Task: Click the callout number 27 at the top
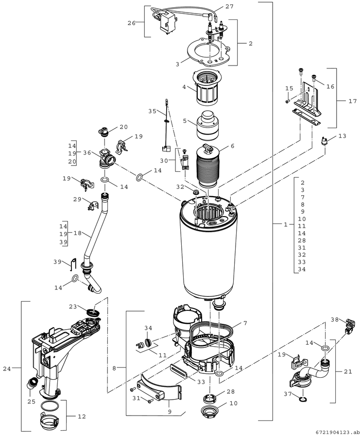pyautogui.click(x=229, y=6)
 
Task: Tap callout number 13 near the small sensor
pyautogui.click(x=343, y=136)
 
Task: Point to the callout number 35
pyautogui.click(x=152, y=111)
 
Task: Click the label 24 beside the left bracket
pyautogui.click(x=7, y=369)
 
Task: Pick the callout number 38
pyautogui.click(x=335, y=319)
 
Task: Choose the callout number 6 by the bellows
pyautogui.click(x=232, y=146)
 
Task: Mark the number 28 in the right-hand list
pyautogui.click(x=302, y=240)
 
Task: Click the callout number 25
pyautogui.click(x=32, y=402)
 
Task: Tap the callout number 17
pyautogui.click(x=353, y=101)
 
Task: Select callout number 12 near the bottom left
pyautogui.click(x=82, y=417)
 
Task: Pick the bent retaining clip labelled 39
pyautogui.click(x=73, y=264)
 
